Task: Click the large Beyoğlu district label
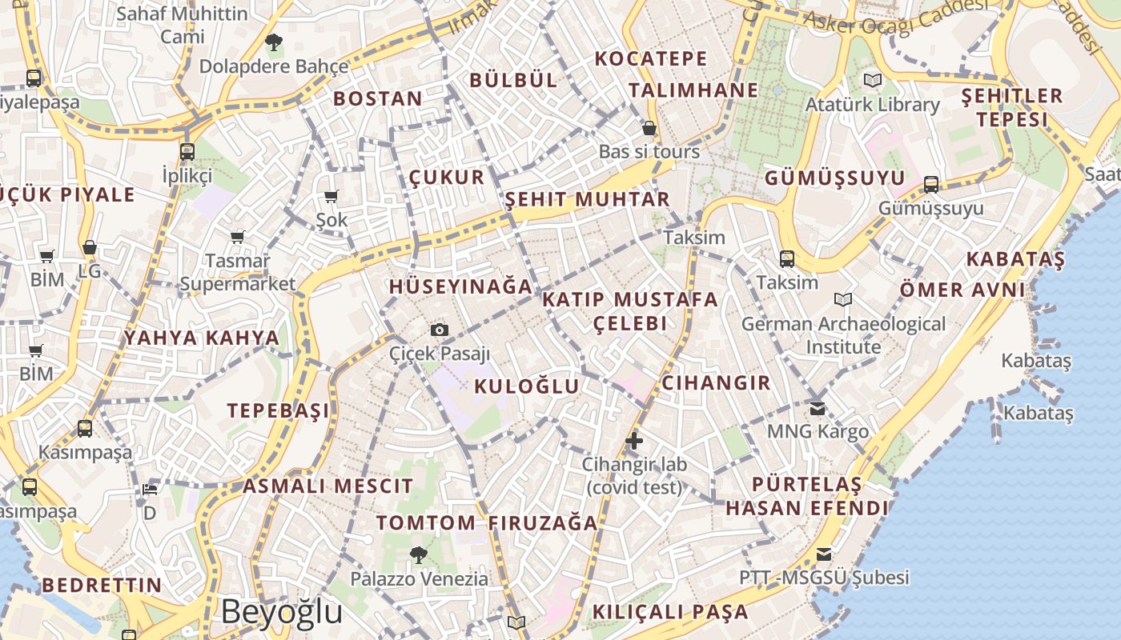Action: [x=281, y=612]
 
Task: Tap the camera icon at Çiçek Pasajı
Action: [x=439, y=330]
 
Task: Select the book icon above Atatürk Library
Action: [x=872, y=80]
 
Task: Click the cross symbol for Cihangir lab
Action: [x=634, y=440]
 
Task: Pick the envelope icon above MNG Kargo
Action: [x=818, y=409]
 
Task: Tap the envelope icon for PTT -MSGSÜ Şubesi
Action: [x=823, y=554]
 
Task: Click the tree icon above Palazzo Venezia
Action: [x=418, y=554]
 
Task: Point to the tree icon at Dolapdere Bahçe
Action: [x=273, y=42]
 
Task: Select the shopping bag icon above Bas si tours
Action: [x=649, y=128]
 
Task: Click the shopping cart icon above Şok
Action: [x=331, y=196]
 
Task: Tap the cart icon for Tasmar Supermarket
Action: [x=237, y=237]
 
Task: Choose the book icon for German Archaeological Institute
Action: [x=842, y=299]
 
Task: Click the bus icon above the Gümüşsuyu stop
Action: [x=931, y=185]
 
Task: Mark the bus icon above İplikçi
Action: [x=187, y=151]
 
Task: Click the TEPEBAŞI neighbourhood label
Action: [x=278, y=410]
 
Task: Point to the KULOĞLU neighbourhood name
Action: [x=526, y=386]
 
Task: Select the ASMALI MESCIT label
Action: [x=328, y=486]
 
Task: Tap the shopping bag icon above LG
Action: [x=90, y=248]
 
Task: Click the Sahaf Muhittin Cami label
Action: [x=182, y=25]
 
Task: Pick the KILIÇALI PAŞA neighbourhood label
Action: [x=670, y=612]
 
